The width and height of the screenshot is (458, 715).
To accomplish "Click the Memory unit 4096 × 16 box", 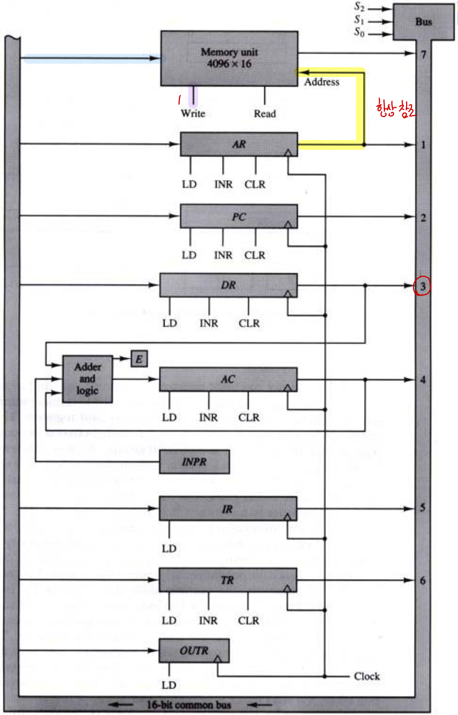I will coord(229,58).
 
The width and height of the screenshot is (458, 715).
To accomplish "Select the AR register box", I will coord(239,144).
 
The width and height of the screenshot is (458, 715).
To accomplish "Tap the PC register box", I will coord(239,216).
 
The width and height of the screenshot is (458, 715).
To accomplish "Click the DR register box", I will coord(229,285).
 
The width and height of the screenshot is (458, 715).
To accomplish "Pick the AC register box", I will coord(228,379).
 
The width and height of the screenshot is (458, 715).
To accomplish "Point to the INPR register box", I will coord(194,462).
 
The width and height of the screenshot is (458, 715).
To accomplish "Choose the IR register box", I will coord(228,509).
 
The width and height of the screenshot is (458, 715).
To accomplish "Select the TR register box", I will coord(228,580).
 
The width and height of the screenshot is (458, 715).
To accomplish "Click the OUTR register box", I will coord(194,650).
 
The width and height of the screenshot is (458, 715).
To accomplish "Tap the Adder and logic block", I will coord(88,379).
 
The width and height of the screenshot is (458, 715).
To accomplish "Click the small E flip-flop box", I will coord(139,359).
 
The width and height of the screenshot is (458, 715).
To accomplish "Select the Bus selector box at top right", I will coord(423,22).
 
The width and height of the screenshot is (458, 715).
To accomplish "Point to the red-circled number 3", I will coord(422,286).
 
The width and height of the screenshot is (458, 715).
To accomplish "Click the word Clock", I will coord(367,676).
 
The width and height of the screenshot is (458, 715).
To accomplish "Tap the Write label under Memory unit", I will coord(193,113).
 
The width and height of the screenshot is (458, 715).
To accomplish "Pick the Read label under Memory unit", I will coord(265,113).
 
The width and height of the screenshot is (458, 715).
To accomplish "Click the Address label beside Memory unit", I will coord(322,82).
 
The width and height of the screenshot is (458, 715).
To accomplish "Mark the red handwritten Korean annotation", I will coord(395,108).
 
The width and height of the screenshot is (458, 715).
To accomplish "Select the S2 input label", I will coord(359,7).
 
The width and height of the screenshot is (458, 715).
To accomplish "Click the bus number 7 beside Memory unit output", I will coord(423,54).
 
